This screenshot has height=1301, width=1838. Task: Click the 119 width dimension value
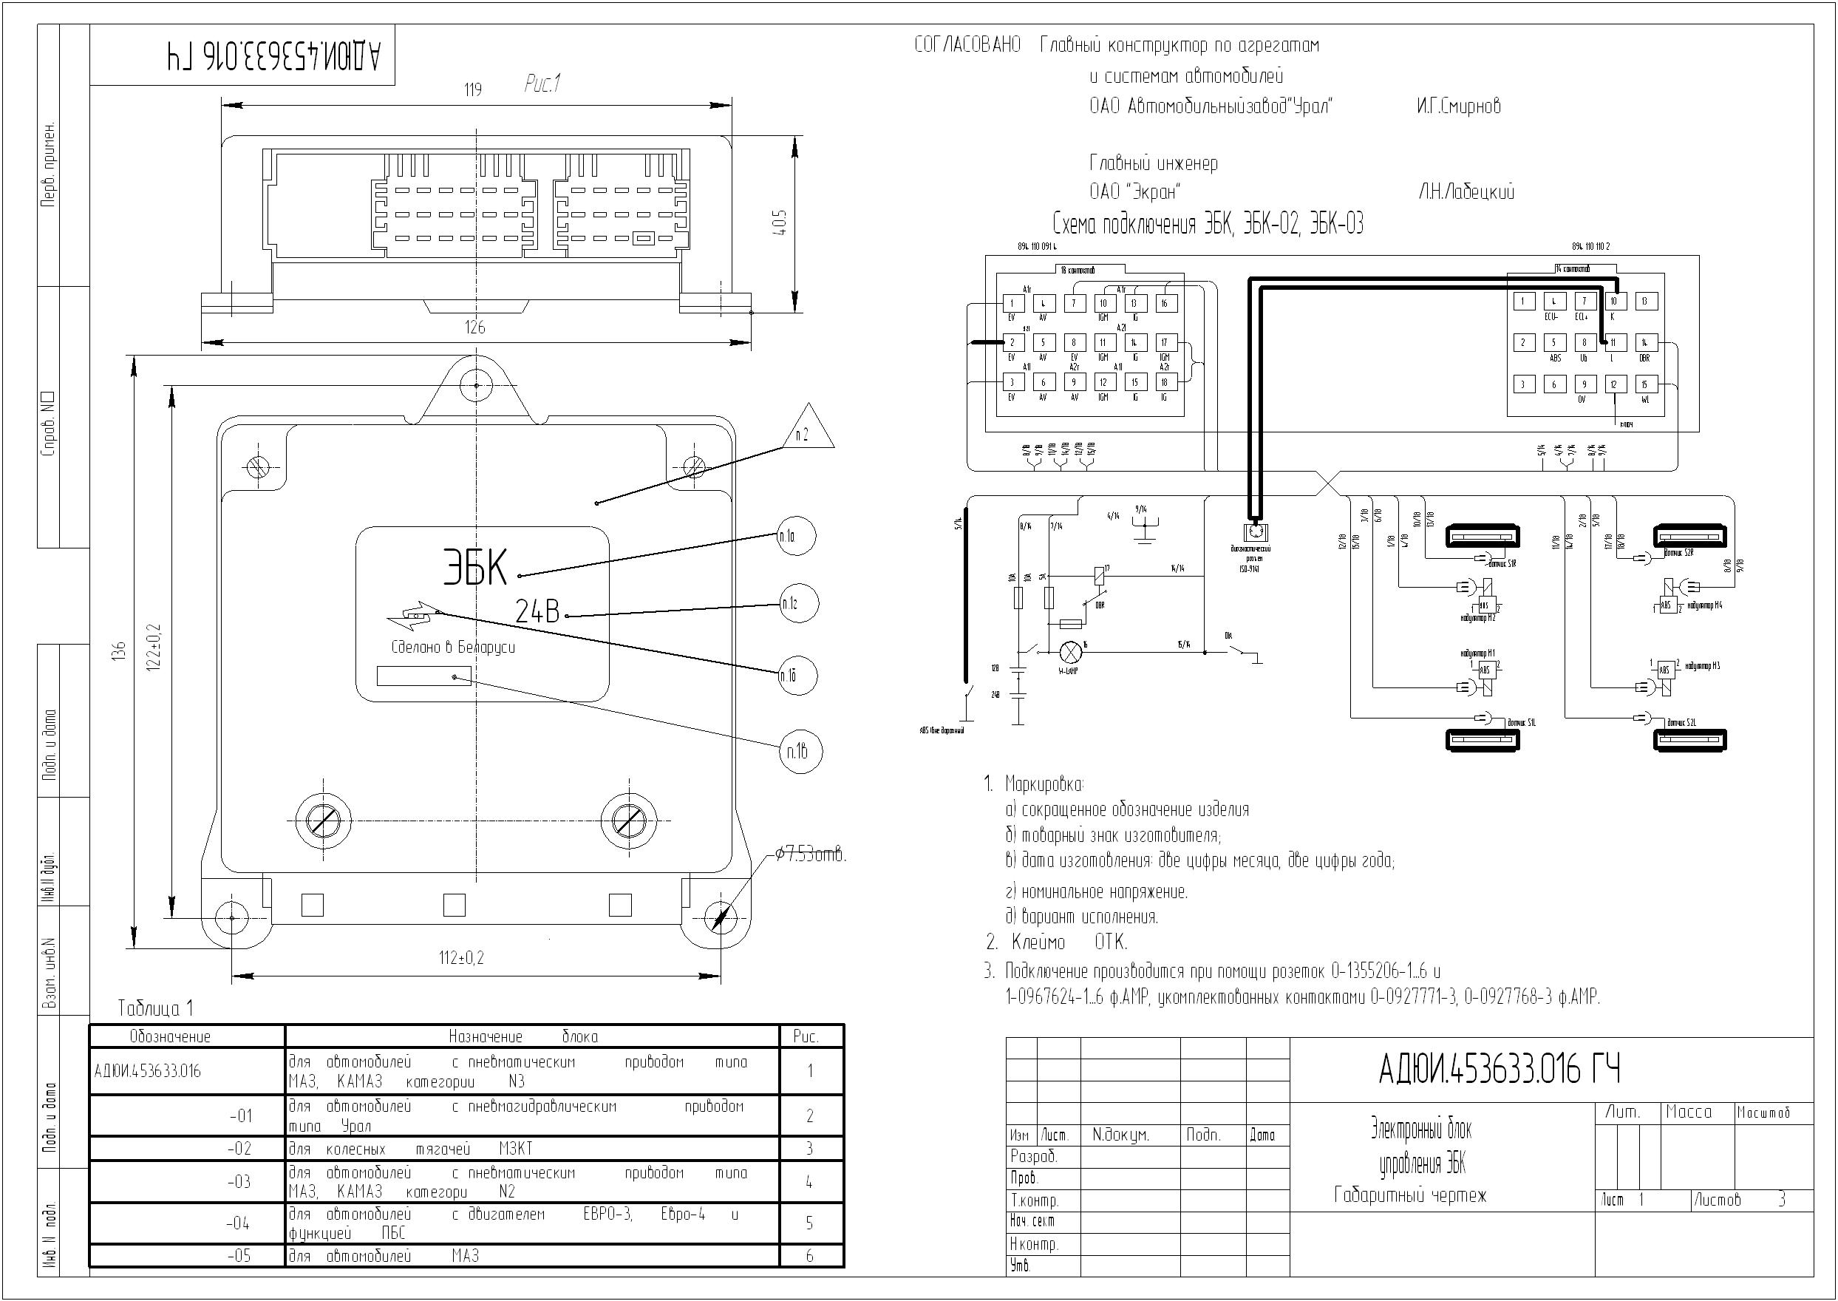472,89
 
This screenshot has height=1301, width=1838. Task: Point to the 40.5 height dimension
782,222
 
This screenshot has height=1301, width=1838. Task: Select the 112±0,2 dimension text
461,957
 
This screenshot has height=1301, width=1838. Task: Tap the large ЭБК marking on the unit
475,567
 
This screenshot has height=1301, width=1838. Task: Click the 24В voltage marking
537,613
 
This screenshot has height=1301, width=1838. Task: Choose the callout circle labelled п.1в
798,752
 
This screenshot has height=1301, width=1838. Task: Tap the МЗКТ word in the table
515,1149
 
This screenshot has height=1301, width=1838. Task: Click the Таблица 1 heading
155,1008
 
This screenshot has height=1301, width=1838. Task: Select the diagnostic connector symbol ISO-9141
1255,532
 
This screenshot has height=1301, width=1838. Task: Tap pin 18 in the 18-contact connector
1165,383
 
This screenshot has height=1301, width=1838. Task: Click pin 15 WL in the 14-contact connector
1645,385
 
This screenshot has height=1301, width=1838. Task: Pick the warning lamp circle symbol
1071,652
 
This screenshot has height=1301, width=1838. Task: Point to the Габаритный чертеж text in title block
1409,1196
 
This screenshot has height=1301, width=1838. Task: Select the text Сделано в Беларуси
452,648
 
